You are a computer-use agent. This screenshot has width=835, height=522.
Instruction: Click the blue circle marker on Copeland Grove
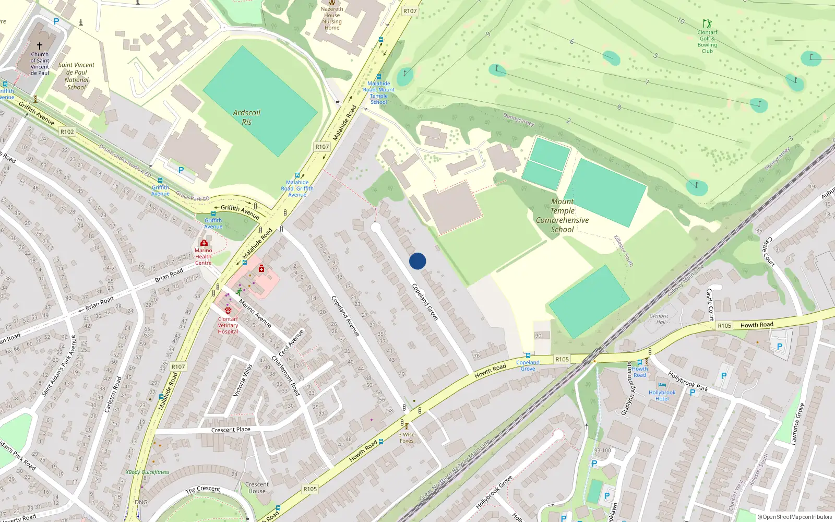tap(417, 261)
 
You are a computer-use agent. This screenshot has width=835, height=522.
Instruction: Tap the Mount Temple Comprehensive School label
tap(562, 216)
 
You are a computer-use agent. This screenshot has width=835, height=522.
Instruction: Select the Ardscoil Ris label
tap(246, 117)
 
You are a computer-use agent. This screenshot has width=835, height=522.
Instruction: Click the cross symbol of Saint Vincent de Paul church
tap(40, 46)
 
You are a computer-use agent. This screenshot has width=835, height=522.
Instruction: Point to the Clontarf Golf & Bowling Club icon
tap(707, 24)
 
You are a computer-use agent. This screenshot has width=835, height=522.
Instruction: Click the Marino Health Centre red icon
tap(204, 243)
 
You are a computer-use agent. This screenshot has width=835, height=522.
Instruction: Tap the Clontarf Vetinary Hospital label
tap(228, 325)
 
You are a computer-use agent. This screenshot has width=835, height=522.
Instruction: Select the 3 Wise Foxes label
tap(407, 437)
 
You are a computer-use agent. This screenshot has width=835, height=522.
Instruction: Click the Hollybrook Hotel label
tap(662, 396)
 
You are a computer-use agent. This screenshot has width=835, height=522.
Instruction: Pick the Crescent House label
tap(257, 488)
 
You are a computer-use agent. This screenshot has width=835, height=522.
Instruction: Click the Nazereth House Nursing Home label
tap(332, 18)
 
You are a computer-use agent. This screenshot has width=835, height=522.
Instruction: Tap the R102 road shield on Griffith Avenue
tap(67, 132)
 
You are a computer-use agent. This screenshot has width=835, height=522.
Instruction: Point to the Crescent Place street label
tap(231, 430)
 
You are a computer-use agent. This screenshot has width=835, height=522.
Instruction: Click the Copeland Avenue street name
tap(345, 315)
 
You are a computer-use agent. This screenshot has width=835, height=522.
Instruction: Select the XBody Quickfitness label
tap(147, 472)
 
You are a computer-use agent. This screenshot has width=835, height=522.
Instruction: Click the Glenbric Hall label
tap(659, 318)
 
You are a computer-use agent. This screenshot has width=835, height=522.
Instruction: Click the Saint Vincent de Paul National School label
tap(76, 76)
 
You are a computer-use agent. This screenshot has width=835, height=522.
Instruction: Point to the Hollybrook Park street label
tap(688, 381)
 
